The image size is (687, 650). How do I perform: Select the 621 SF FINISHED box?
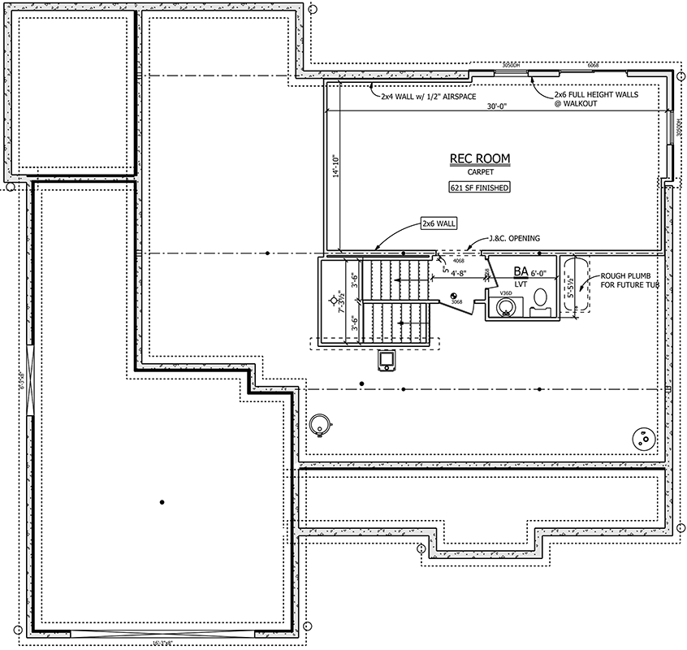click(479, 188)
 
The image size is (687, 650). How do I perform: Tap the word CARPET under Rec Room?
click(479, 172)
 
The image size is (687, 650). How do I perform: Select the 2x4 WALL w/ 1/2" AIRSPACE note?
click(421, 95)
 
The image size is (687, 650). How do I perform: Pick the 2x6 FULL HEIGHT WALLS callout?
click(596, 99)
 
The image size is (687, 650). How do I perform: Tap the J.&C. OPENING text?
click(515, 238)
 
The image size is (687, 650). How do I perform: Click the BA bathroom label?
click(521, 273)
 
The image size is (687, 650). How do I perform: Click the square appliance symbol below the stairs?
click(388, 360)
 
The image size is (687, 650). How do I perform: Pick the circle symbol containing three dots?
click(646, 438)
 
